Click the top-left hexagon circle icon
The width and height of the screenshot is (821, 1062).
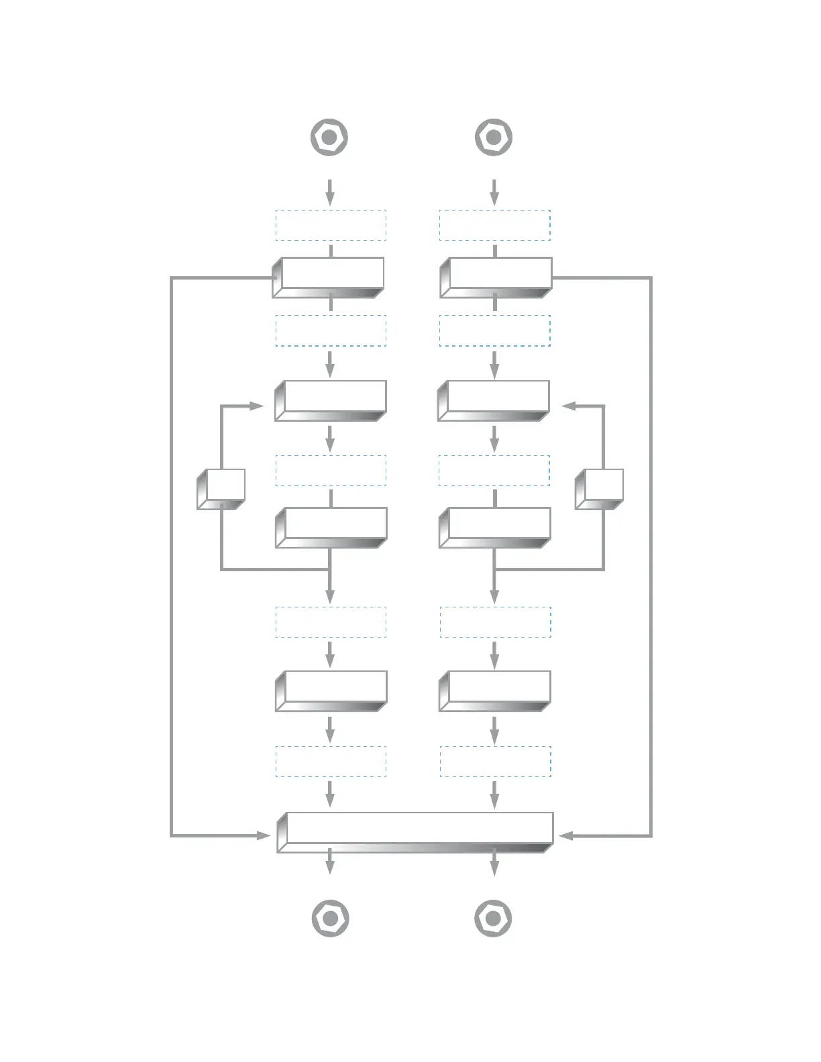coord(329,137)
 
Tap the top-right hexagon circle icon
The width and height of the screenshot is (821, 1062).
coord(494,137)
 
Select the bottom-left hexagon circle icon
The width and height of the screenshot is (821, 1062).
coord(329,918)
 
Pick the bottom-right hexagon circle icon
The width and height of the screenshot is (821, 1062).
coord(493,918)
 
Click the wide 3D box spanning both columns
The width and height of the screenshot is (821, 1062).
coord(415,831)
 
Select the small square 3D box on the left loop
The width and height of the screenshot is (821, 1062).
coord(221,489)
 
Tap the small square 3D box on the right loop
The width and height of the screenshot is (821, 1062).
coord(600,489)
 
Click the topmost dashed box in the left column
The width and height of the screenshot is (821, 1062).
coord(331,225)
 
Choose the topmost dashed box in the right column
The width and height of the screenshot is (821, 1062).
coord(495,225)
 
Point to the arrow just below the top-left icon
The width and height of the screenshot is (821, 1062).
coord(329,192)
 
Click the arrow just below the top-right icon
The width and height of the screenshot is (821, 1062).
coord(494,192)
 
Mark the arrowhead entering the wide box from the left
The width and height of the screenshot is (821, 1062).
coord(264,835)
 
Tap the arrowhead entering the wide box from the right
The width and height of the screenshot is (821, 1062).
coord(565,835)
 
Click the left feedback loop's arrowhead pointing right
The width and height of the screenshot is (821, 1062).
coord(256,406)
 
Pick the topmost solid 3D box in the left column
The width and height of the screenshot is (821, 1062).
coord(329,277)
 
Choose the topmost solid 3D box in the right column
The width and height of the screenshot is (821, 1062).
coord(496,277)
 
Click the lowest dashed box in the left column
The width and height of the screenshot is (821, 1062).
coord(331,762)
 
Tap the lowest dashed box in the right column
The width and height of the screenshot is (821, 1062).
coord(495,762)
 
